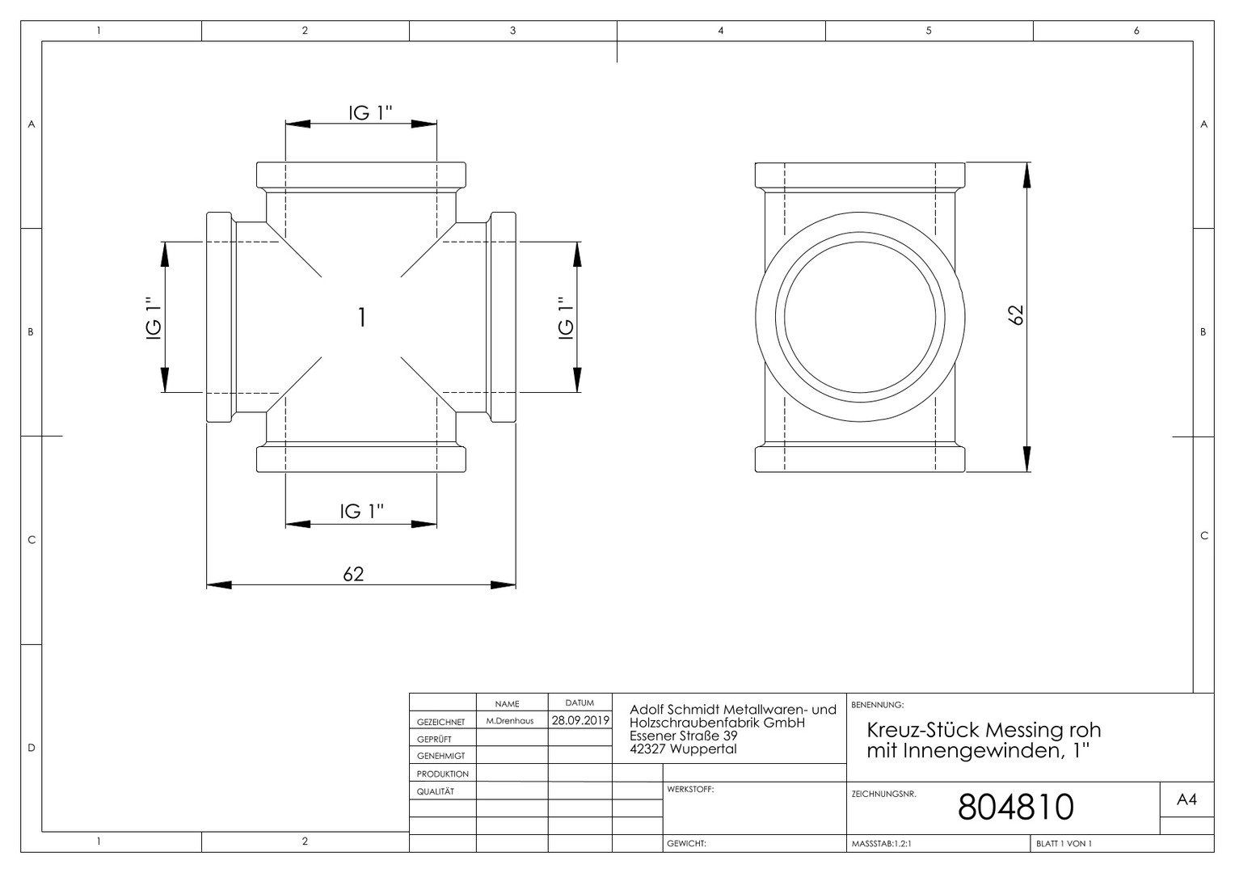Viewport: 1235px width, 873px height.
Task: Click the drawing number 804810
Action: [x=1016, y=807]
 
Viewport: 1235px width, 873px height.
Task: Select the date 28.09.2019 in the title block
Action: [x=580, y=720]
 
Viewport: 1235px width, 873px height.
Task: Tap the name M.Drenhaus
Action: [x=509, y=721]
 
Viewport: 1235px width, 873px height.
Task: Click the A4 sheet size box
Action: [x=1187, y=799]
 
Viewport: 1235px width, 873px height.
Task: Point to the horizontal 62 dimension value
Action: [x=353, y=574]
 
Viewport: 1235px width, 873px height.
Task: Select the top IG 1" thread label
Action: [x=370, y=112]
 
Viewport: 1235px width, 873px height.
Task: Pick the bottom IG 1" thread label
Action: [x=361, y=511]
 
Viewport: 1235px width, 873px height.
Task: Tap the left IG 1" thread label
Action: [x=154, y=318]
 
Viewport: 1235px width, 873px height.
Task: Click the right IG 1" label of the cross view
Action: [x=566, y=318]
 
